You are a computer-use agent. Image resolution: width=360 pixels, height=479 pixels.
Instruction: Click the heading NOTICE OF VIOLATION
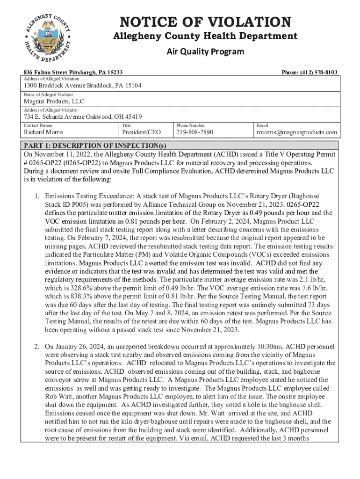pos(206,22)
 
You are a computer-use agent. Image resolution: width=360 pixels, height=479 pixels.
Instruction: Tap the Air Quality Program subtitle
pos(205,51)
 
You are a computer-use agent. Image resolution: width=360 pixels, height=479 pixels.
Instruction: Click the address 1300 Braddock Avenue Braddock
pos(83,86)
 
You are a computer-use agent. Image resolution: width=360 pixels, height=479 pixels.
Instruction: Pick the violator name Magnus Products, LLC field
pos(54,101)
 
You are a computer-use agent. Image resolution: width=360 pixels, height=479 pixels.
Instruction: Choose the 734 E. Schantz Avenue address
pos(83,116)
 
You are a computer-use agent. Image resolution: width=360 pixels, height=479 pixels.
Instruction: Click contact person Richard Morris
pos(45,132)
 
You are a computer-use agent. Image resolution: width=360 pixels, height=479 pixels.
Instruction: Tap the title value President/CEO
pos(141,132)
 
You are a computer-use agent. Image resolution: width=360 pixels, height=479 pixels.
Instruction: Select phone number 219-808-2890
pos(194,132)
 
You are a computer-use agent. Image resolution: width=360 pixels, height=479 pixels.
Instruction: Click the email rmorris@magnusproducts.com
pos(297,132)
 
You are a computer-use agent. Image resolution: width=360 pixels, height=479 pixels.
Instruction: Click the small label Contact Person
pos(38,125)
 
